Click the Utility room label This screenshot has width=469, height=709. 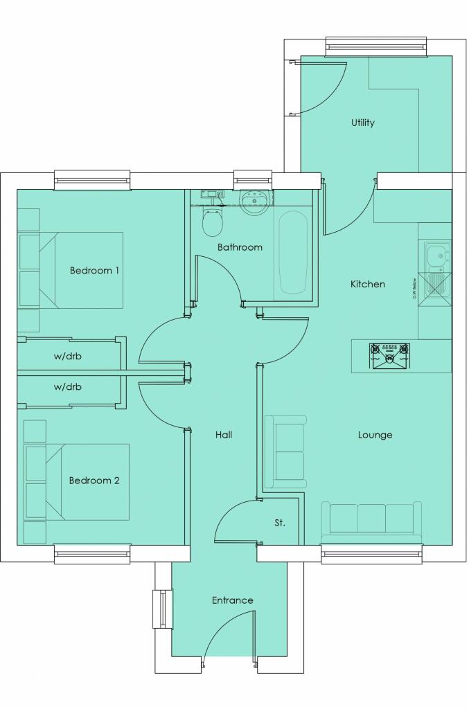coord(362,123)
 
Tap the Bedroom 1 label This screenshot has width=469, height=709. coord(94,270)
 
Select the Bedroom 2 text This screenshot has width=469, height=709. coord(94,480)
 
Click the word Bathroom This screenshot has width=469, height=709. coord(240,246)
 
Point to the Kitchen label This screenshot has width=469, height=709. coord(367,284)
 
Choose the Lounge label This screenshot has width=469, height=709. coord(375,435)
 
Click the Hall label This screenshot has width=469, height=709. coord(223,435)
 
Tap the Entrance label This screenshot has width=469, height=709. coord(232,600)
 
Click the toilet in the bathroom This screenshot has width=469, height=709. coord(211,222)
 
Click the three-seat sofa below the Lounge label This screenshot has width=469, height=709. coord(371,520)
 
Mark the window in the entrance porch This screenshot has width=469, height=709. coord(163,609)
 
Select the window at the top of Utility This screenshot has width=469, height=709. coord(375,46)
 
